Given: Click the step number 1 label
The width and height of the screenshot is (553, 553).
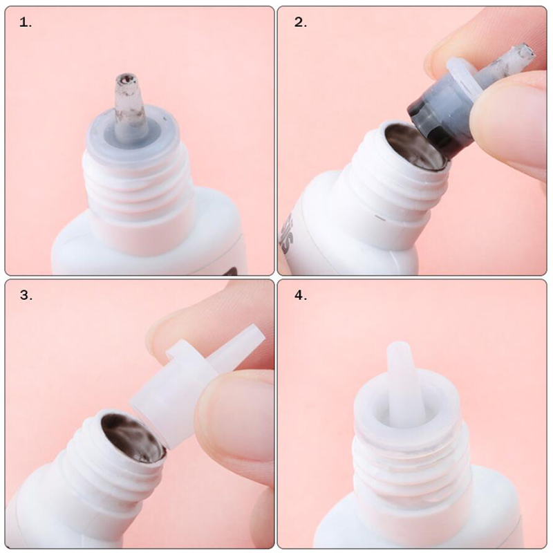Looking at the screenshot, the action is coord(25,24).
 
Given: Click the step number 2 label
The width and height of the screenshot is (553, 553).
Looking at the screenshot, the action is coord(301,23).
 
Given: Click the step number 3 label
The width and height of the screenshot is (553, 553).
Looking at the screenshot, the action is coord(26,295).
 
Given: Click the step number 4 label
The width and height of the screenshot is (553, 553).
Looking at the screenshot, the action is coord(301,295).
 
